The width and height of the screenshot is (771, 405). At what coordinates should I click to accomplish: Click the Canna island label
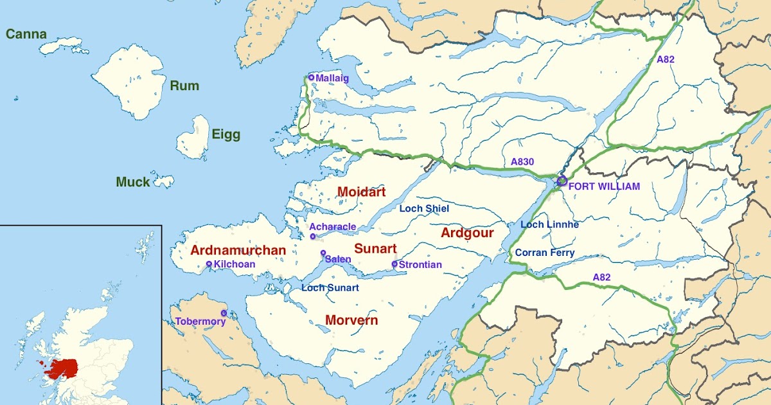point(26,34)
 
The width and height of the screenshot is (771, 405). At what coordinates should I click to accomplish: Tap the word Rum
point(184,85)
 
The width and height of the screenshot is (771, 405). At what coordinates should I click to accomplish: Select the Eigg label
point(226,134)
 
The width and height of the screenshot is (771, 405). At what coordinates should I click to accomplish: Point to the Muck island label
point(133,182)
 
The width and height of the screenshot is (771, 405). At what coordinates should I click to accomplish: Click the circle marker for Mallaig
point(311,78)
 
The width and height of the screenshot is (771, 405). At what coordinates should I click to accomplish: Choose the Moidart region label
point(361,192)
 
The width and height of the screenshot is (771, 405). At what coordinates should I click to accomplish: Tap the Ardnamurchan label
point(238,250)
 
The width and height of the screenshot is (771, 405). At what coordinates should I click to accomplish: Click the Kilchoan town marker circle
point(209,264)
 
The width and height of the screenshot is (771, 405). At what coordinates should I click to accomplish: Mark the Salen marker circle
point(323,253)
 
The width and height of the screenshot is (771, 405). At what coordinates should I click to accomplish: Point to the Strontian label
point(420,264)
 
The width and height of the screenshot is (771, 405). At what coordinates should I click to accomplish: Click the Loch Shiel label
point(424,208)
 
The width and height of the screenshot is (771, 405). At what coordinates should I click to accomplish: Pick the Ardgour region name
point(467,233)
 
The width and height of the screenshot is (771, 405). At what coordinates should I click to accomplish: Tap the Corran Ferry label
point(545,253)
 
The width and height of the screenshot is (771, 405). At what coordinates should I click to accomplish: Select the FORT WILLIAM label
point(605,186)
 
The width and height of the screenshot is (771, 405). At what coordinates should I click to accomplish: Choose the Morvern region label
point(351,319)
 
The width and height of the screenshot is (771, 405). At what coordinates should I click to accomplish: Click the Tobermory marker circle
point(224,313)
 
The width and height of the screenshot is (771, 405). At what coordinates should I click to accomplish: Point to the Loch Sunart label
point(330,287)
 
